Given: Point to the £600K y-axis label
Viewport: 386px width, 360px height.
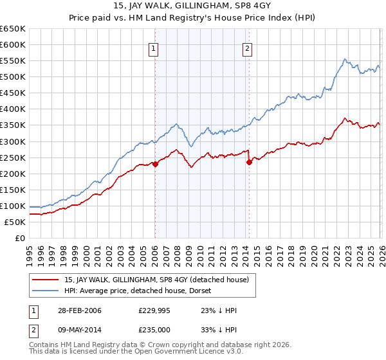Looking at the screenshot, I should (13, 45).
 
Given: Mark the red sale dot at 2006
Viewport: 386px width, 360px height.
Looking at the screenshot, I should (155, 164).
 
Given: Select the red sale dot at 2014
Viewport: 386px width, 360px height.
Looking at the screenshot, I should (248, 162).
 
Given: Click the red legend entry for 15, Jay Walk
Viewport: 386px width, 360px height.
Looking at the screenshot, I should (160, 279).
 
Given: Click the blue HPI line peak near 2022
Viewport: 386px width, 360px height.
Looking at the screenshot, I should (345, 59).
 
